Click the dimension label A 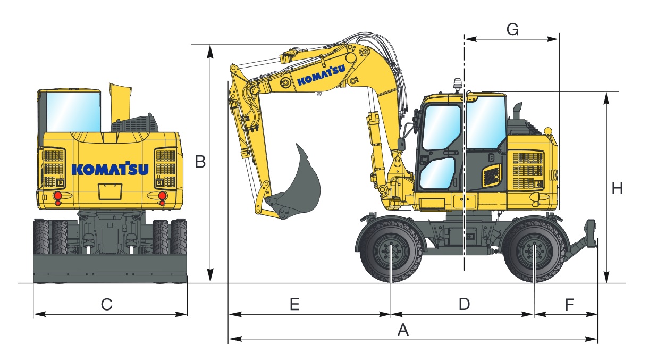click(x=403, y=330)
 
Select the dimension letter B click(x=200, y=162)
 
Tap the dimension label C click(x=107, y=305)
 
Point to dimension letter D click(x=464, y=305)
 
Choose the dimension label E click(x=294, y=305)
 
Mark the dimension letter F click(x=569, y=305)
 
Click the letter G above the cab click(x=512, y=30)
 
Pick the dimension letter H click(x=617, y=188)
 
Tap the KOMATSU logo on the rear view click(x=110, y=169)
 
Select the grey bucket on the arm click(x=301, y=183)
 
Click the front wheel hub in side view click(x=391, y=252)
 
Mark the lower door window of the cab click(x=437, y=173)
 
